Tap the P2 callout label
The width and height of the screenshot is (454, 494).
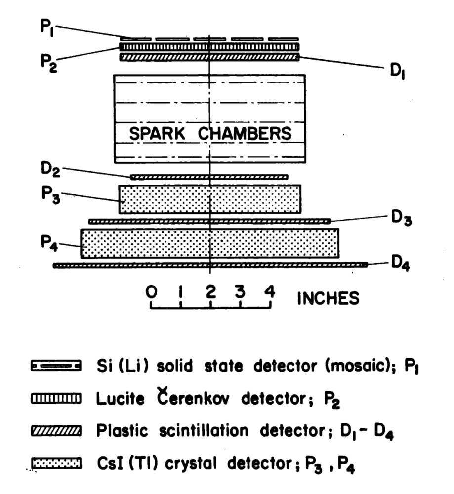tap(50, 65)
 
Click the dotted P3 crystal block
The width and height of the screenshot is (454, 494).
tap(210, 199)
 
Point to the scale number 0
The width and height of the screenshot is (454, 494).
tap(152, 292)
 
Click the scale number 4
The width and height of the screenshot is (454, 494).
tap(269, 292)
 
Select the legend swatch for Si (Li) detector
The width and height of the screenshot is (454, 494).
tap(55, 367)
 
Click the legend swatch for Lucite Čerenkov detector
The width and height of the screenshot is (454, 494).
tap(55, 398)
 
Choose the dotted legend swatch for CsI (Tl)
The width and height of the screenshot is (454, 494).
tap(55, 463)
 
